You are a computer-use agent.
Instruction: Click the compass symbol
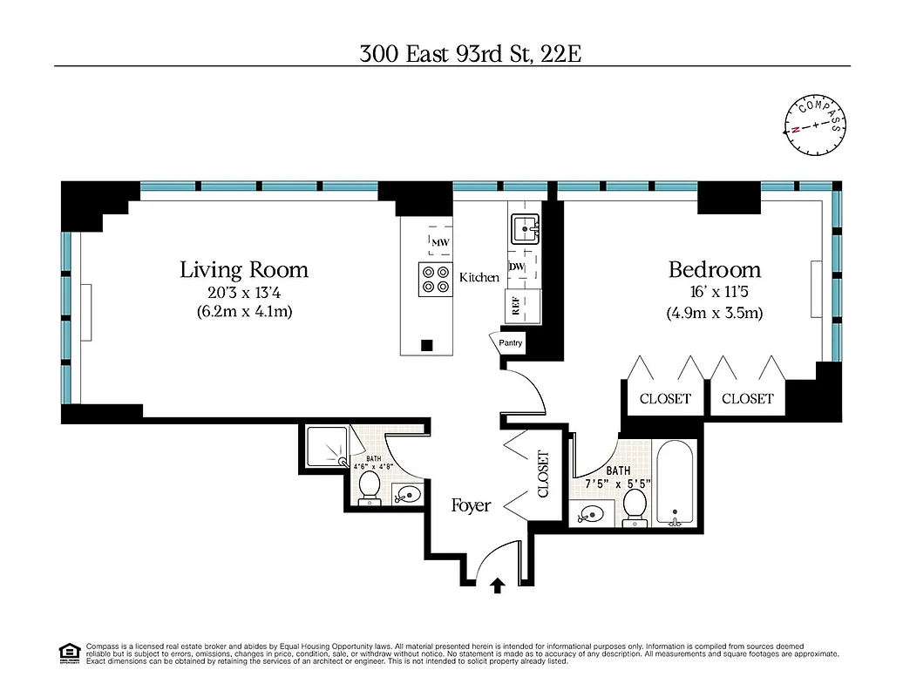[x=816, y=125]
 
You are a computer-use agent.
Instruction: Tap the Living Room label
[x=244, y=269]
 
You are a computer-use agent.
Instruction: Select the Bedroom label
[x=714, y=269]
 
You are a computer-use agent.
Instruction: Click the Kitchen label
[x=479, y=278]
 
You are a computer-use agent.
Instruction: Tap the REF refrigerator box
[x=518, y=305]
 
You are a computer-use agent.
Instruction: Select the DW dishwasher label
[x=516, y=267]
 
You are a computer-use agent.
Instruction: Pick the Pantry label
[x=511, y=342]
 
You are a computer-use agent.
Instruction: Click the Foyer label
[x=471, y=505]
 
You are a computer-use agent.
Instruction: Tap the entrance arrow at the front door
[x=498, y=585]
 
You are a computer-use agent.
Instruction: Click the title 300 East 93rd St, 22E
[x=470, y=54]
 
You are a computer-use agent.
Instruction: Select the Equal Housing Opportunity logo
[x=68, y=652]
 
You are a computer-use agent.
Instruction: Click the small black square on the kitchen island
[x=426, y=345]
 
